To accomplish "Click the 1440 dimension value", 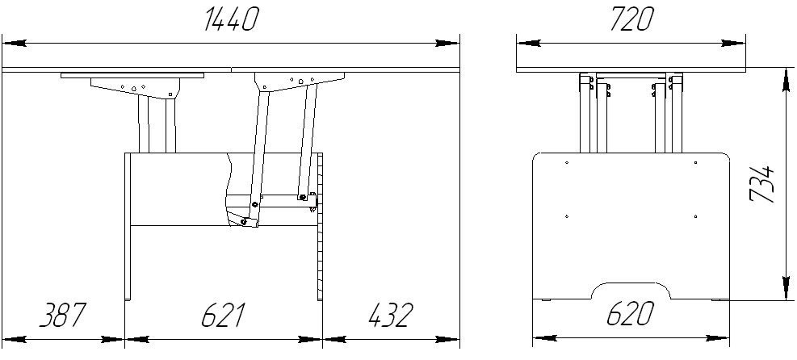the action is tap(231, 20).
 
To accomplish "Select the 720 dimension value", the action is tap(631, 20).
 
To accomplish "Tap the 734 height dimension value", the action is tap(763, 183).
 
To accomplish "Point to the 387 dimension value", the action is tap(62, 315).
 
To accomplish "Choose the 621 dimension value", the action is tap(223, 315).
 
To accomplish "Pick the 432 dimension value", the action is tap(390, 315).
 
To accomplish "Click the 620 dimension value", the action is tap(631, 314).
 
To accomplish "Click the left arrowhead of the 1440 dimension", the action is tap(15, 44).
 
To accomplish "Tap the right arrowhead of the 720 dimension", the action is tap(733, 44).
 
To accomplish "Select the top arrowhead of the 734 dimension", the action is tap(787, 79).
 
